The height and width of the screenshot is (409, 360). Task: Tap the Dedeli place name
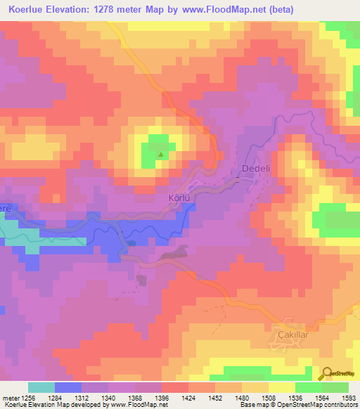click(256, 169)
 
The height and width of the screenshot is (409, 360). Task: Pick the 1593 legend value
click(349, 396)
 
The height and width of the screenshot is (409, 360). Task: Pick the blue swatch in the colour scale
click(67, 387)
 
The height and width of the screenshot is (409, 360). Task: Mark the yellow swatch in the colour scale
click(281, 387)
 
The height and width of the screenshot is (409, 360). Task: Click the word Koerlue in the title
click(32, 9)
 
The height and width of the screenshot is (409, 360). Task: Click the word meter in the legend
click(10, 396)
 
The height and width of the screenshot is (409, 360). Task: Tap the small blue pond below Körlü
click(132, 244)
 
